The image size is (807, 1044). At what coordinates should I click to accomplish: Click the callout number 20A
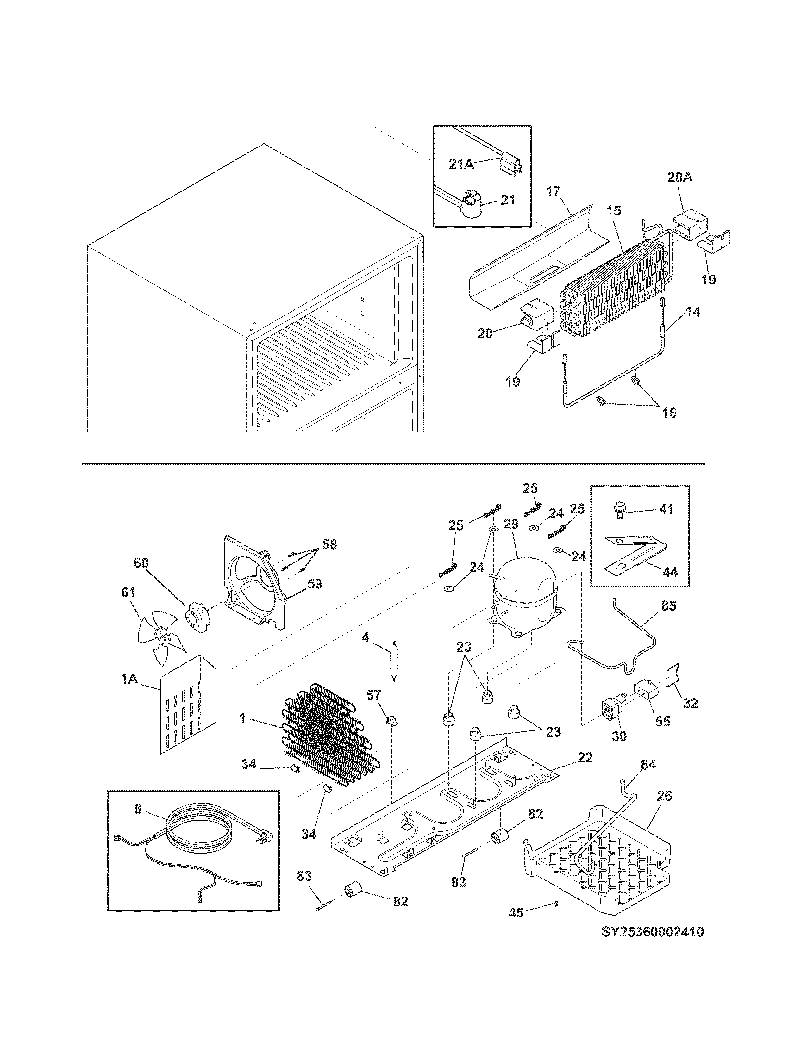coord(679,178)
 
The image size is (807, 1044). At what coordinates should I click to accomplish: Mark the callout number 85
coord(668,606)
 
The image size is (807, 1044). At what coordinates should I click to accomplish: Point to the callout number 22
coord(585,758)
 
